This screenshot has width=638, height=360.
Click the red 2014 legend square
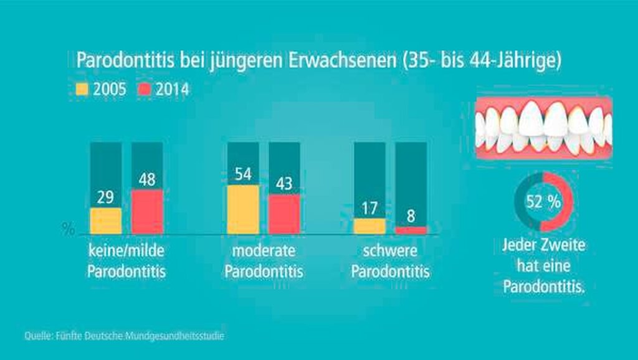145,90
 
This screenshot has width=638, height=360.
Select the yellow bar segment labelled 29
106,220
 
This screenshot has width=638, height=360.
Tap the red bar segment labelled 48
147,212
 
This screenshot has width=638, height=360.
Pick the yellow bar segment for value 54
243,209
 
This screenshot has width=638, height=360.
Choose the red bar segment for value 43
284,214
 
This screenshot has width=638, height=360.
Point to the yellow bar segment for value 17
369,226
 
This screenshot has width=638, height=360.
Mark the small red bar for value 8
411,230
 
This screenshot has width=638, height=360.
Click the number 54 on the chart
243,175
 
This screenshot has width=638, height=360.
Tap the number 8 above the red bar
411,218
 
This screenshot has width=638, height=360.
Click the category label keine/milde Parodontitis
126,262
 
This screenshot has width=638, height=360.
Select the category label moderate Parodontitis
264,262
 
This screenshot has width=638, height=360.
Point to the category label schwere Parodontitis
391,262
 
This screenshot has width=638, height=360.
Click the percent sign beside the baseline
69,229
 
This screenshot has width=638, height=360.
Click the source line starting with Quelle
125,336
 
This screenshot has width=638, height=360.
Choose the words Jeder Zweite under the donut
544,245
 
